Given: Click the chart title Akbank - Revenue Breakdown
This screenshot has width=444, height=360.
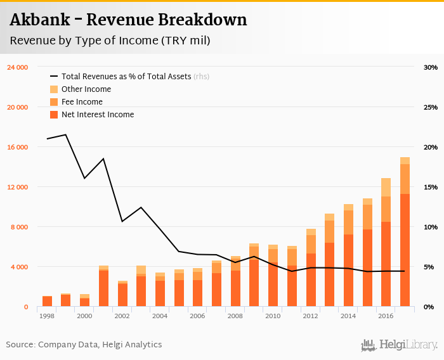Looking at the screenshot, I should pyautogui.click(x=128, y=20).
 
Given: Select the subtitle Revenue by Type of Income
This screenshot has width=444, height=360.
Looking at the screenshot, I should pyautogui.click(x=110, y=41).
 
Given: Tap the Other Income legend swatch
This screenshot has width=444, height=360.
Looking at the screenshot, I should pyautogui.click(x=54, y=89).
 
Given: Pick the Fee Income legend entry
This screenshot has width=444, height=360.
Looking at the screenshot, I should pyautogui.click(x=81, y=102).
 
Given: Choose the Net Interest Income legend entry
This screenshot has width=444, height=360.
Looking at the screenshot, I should pyautogui.click(x=97, y=115).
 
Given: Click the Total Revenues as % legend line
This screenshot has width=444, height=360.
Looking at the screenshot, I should pyautogui.click(x=54, y=77).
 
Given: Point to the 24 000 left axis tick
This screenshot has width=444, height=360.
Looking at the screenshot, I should pyautogui.click(x=17, y=67).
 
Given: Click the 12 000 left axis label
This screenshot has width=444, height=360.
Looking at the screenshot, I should pyautogui.click(x=17, y=187).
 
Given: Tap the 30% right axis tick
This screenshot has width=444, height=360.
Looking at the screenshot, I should pyautogui.click(x=431, y=67).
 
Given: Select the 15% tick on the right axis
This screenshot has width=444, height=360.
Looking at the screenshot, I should pyautogui.click(x=431, y=187).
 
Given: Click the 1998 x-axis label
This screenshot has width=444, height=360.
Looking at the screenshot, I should pyautogui.click(x=47, y=316).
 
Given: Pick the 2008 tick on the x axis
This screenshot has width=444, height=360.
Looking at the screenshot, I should pyautogui.click(x=235, y=316).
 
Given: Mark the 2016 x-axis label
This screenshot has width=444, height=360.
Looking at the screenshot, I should pyautogui.click(x=386, y=316).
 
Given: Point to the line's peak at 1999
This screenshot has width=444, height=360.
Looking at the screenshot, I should pyautogui.click(x=66, y=134).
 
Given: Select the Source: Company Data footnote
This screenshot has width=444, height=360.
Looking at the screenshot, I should pyautogui.click(x=84, y=345).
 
